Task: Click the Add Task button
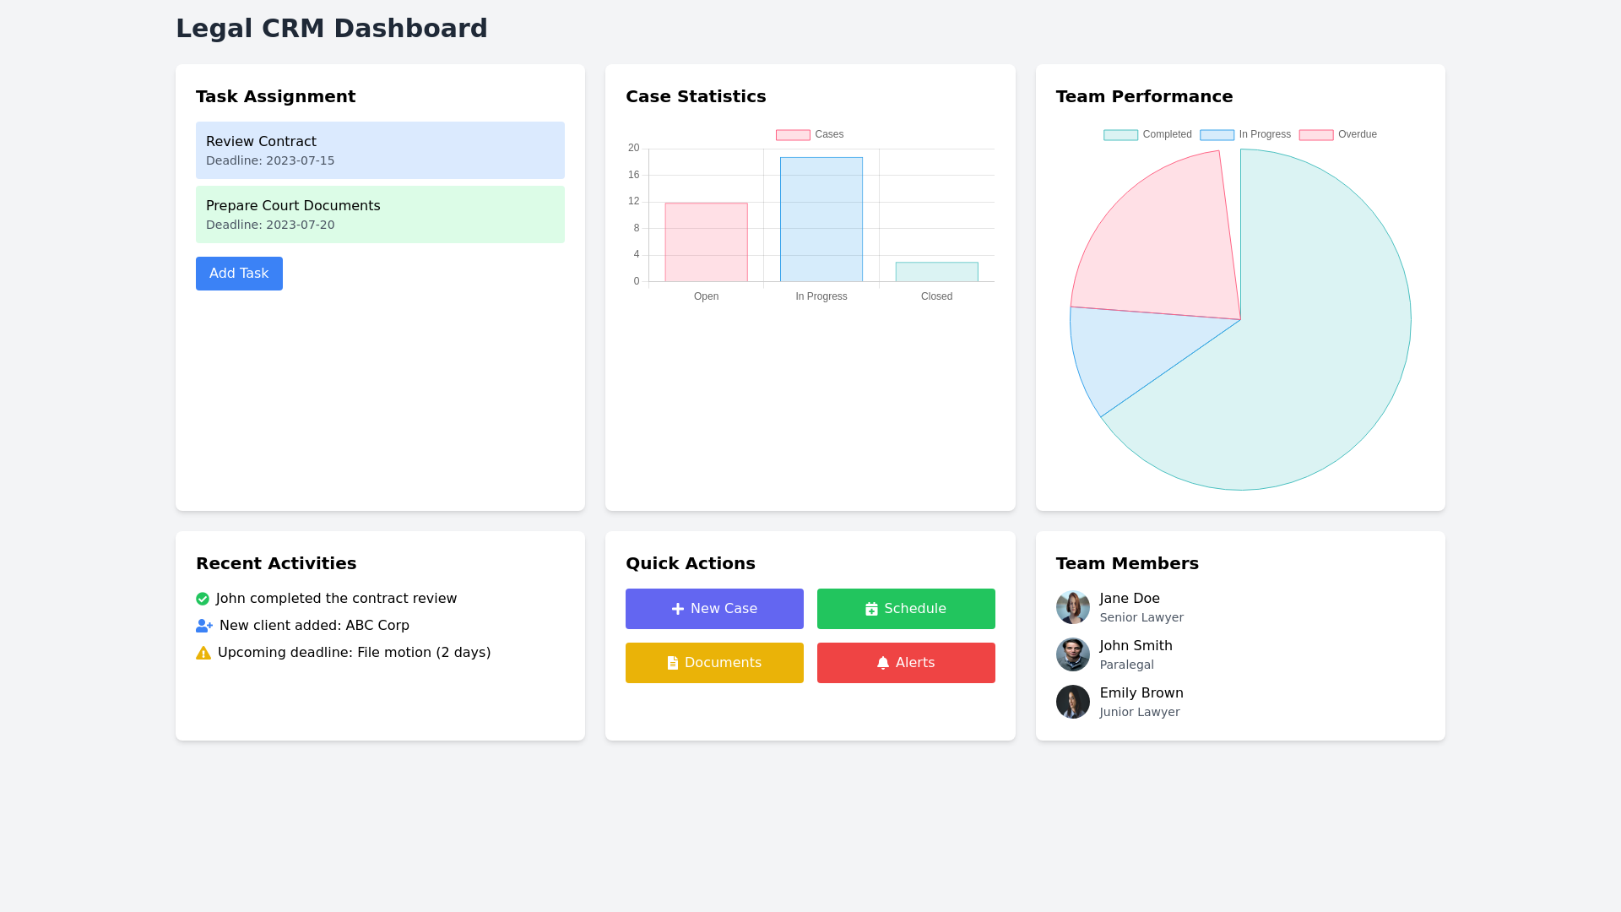239,274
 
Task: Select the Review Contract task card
380,150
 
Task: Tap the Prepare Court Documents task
380,214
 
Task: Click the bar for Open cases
706,242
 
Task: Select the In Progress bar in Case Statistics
821,220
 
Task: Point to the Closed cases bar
936,272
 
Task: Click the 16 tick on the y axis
634,175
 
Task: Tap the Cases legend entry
810,135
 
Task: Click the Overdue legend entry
1338,135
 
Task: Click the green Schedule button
906,609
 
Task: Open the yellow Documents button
714,663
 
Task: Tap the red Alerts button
906,663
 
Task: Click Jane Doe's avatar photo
1072,607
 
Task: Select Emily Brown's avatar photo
1072,702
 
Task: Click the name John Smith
1136,646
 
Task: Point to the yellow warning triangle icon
203,653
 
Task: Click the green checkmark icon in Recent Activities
203,599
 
